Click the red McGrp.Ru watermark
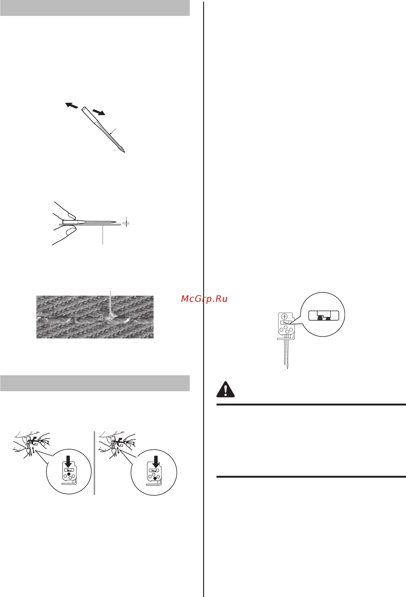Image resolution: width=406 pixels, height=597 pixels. (x=204, y=299)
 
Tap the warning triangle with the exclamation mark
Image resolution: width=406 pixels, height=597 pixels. (x=225, y=389)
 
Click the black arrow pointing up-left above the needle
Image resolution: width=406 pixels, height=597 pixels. (x=71, y=105)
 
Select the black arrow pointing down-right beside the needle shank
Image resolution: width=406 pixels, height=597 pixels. (x=99, y=112)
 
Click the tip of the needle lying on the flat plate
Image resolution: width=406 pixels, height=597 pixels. (x=116, y=222)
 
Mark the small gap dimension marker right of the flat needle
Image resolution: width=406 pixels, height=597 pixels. (x=126, y=222)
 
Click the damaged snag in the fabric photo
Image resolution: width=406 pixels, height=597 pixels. (x=110, y=318)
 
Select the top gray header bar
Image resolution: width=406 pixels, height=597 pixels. (x=95, y=8)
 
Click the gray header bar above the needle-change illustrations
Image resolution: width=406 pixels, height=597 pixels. (x=95, y=383)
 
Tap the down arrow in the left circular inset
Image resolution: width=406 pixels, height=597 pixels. (x=68, y=461)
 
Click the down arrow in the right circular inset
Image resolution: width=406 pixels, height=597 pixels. (x=156, y=462)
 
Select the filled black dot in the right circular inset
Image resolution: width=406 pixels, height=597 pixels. (x=155, y=478)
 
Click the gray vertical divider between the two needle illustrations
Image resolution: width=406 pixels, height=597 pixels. (x=94, y=463)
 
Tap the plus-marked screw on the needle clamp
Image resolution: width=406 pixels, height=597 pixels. (x=284, y=316)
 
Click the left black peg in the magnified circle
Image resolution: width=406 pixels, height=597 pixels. (x=320, y=318)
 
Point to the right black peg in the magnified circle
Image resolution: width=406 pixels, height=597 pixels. (x=328, y=318)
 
